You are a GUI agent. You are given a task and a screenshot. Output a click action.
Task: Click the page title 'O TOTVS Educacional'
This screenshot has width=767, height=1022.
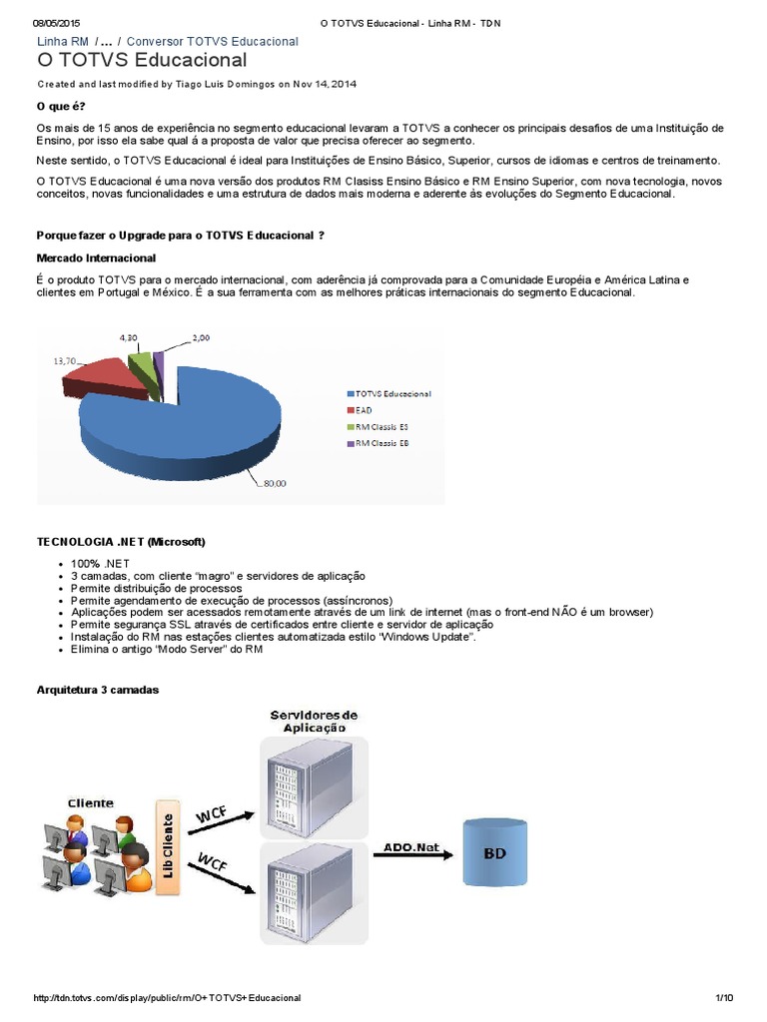point(141,61)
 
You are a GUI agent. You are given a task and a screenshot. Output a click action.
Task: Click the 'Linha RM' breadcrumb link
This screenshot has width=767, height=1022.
point(63,41)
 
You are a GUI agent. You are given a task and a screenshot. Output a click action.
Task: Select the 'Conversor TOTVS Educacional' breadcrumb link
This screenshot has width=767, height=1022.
point(212,41)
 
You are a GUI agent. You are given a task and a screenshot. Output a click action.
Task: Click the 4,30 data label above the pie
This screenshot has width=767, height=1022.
point(130,338)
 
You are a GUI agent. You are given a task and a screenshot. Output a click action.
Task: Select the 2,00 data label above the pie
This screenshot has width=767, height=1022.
point(201,338)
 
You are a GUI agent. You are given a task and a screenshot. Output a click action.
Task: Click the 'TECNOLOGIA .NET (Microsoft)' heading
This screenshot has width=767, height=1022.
point(121,541)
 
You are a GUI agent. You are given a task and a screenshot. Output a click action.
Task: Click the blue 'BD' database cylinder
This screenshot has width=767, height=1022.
point(494,852)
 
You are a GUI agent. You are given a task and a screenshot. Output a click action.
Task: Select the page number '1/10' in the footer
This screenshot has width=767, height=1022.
point(724,998)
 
